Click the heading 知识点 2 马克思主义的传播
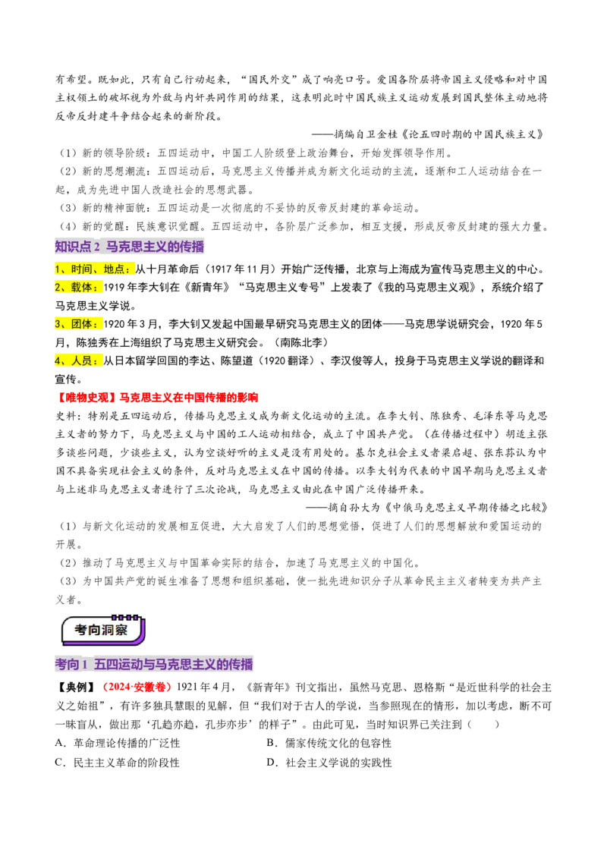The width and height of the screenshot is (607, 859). click(x=130, y=247)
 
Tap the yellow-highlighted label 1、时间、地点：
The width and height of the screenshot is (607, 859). click(x=94, y=269)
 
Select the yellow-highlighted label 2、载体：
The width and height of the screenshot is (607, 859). click(x=78, y=287)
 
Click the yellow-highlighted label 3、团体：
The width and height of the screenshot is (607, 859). click(x=78, y=324)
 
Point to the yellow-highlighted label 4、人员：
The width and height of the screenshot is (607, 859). click(x=78, y=360)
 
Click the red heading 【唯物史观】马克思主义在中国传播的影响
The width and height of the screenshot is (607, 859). click(x=156, y=397)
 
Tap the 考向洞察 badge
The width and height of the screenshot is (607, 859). click(x=102, y=630)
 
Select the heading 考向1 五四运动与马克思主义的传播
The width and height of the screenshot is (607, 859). click(x=154, y=665)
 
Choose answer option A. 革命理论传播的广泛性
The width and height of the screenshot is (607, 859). click(x=118, y=743)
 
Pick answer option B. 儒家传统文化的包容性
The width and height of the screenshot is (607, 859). click(x=329, y=743)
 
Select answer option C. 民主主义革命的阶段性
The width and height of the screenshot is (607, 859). click(x=118, y=763)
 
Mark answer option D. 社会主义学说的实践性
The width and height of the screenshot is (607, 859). click(x=329, y=763)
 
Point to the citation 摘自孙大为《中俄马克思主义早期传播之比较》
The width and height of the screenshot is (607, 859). click(x=426, y=508)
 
